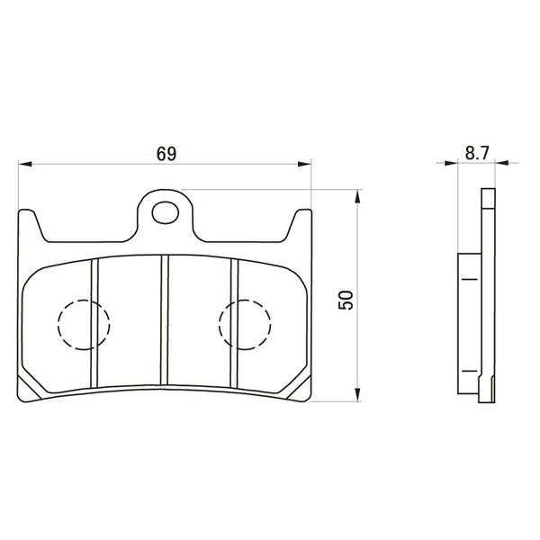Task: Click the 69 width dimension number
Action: pos(166,154)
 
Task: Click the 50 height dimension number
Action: pos(346,300)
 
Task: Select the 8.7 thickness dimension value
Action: pos(477,153)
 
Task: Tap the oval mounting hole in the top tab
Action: pos(166,212)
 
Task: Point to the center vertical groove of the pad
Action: pos(165,319)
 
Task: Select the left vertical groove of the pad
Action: pos(94,323)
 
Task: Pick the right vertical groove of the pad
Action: pos(235,323)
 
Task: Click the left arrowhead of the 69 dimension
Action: pos(25,164)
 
